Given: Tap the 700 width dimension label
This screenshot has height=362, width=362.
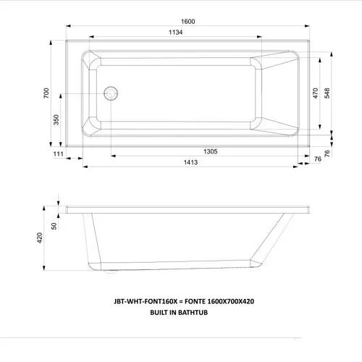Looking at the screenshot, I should coord(45,93).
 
